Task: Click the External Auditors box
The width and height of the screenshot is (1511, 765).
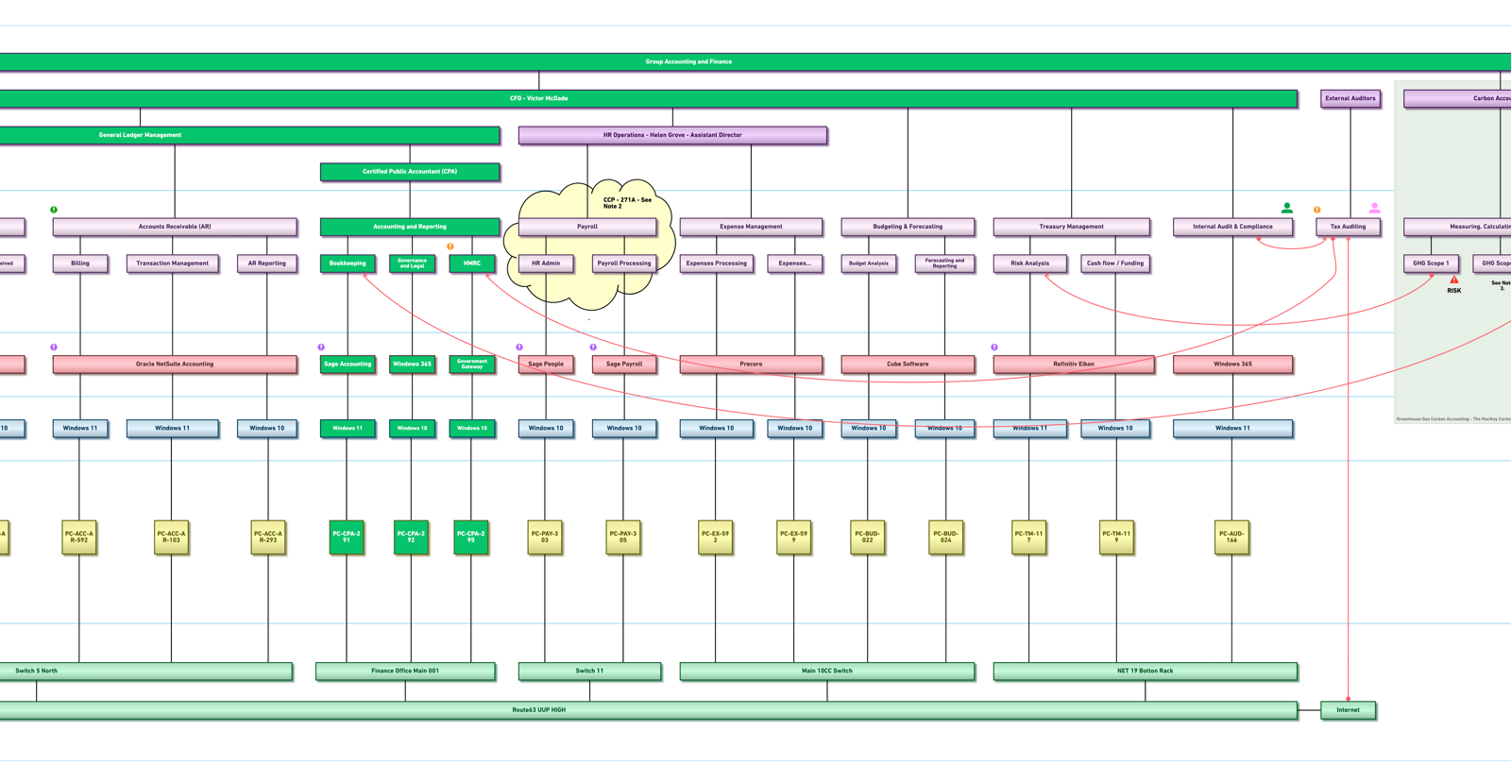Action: [x=1350, y=98]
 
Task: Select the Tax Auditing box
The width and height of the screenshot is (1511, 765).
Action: [x=1348, y=227]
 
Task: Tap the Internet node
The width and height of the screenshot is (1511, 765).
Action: [x=1348, y=710]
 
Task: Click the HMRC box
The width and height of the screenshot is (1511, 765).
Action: [x=472, y=263]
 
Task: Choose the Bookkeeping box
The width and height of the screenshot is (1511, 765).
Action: [x=348, y=263]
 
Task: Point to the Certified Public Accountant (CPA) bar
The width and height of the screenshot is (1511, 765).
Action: [x=410, y=172]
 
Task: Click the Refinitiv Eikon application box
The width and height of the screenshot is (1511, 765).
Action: [x=1073, y=364]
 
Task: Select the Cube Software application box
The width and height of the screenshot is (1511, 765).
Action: [x=908, y=364]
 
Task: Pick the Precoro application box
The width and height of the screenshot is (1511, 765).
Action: [x=751, y=364]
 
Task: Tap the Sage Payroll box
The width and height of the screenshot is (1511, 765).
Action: [x=624, y=364]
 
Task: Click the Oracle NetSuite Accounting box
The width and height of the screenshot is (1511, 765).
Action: [x=175, y=364]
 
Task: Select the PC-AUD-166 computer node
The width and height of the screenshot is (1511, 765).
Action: [x=1231, y=537]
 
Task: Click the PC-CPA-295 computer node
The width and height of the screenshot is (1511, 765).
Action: [x=470, y=537]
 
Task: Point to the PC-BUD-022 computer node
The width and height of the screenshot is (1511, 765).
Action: [x=867, y=537]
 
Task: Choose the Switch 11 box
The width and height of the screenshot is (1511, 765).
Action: [x=589, y=671]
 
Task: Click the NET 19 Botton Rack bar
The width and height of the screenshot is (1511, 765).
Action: [x=1145, y=671]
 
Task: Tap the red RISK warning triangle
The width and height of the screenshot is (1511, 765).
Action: [x=1454, y=280]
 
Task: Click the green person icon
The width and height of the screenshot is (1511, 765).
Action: [x=1286, y=208]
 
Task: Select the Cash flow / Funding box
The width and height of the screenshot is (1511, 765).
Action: [x=1114, y=263]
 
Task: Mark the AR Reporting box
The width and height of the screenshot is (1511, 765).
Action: [x=266, y=263]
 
